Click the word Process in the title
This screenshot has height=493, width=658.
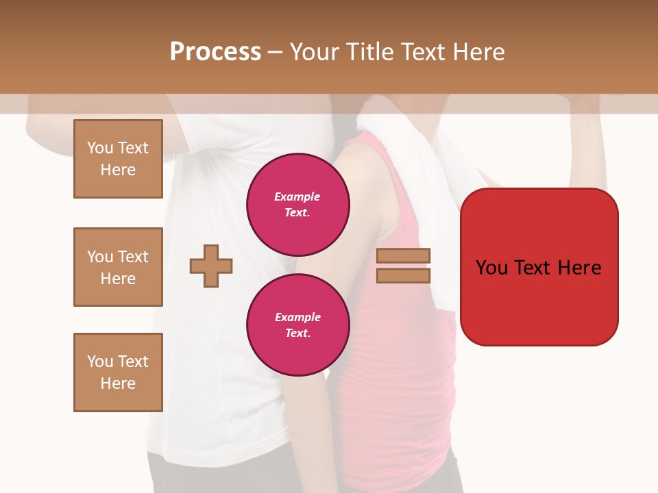pyautogui.click(x=215, y=52)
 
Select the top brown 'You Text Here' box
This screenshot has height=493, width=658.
pyautogui.click(x=118, y=159)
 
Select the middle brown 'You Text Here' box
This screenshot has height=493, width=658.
pyautogui.click(x=118, y=267)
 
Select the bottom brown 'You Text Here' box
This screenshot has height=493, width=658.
pyautogui.click(x=118, y=372)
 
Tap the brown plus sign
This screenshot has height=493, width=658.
pyautogui.click(x=211, y=266)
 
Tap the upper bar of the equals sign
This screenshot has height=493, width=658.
pyautogui.click(x=404, y=255)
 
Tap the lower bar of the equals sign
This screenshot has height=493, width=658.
pyautogui.click(x=404, y=275)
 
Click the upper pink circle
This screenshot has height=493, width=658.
pyautogui.click(x=298, y=204)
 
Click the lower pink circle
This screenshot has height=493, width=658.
pyautogui.click(x=298, y=325)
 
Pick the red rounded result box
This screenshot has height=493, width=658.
pyautogui.click(x=539, y=267)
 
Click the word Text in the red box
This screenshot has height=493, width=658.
pyautogui.click(x=537, y=268)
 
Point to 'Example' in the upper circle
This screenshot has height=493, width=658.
pyautogui.click(x=297, y=197)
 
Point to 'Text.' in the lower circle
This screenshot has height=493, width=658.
pyautogui.click(x=297, y=333)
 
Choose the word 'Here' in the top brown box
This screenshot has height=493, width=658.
pyautogui.click(x=118, y=170)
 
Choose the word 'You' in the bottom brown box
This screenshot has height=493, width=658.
pyautogui.click(x=100, y=362)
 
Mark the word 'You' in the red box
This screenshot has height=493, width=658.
pyautogui.click(x=491, y=268)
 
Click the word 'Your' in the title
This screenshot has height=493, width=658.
pyautogui.click(x=315, y=52)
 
